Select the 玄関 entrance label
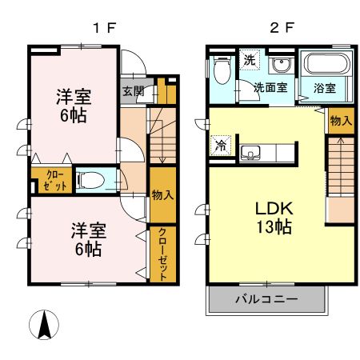pos(133,90)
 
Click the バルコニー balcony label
pos(266,300)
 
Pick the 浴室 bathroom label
pos(325,88)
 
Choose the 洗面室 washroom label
pos(271,88)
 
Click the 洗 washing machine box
pos(250,61)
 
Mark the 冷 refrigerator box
pos(219,146)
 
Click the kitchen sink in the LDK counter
pos(251,152)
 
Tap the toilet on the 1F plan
pos(95,180)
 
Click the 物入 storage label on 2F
pos(340,121)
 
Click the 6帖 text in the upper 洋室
pos(73,114)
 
